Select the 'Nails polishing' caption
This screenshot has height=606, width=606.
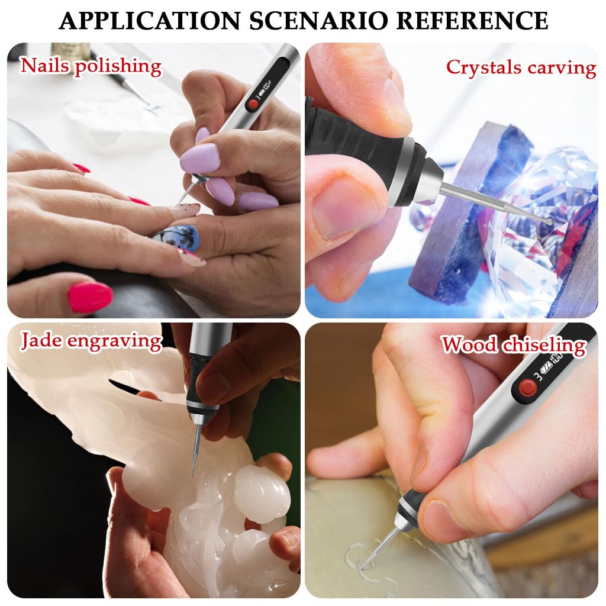coord(91,66)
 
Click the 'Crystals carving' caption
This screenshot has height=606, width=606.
coord(521,67)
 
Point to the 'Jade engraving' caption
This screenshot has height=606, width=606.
coord(91,341)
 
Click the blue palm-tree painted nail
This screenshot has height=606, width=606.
coord(178,239)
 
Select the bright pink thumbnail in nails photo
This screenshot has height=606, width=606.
coord(90,296)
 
